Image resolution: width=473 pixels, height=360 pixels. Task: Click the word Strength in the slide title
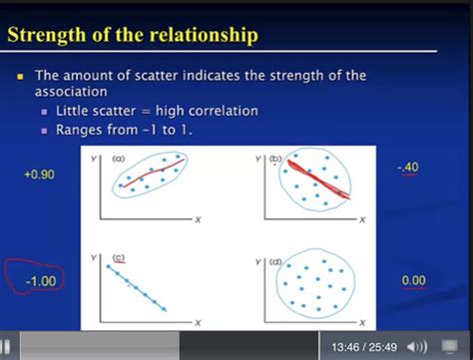click(50, 36)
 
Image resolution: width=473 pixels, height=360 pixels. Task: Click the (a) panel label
click(118, 159)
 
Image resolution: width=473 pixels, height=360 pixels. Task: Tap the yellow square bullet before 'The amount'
click(19, 76)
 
